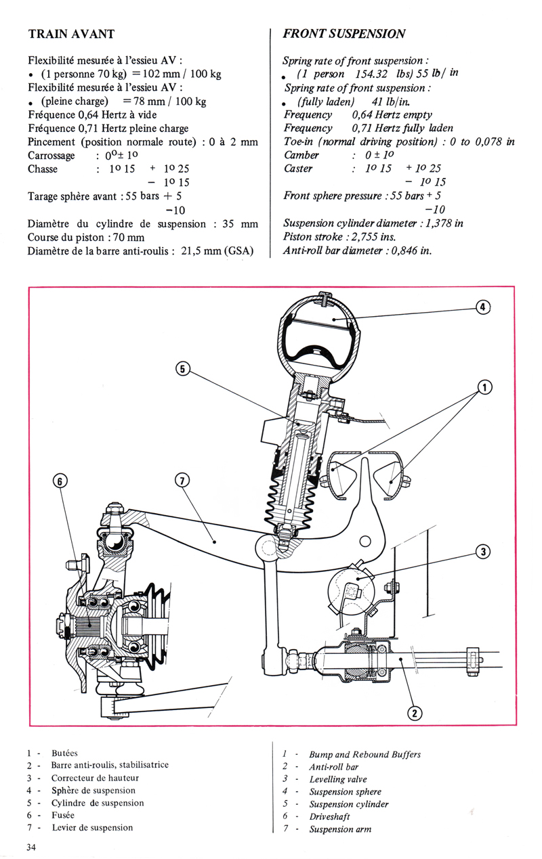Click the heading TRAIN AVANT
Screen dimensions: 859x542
[71, 34]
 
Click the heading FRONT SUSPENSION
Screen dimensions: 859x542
[344, 34]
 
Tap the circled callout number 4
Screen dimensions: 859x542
[482, 307]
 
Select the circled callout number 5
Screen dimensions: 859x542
[181, 369]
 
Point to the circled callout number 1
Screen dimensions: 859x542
[484, 387]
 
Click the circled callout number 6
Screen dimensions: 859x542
[60, 481]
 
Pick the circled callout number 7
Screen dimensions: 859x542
[181, 481]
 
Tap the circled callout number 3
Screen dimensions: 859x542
[482, 552]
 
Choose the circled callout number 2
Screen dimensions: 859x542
[415, 711]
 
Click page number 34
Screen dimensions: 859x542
[33, 847]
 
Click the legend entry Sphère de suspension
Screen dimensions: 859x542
[93, 791]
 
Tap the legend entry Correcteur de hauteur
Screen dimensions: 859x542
[94, 778]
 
